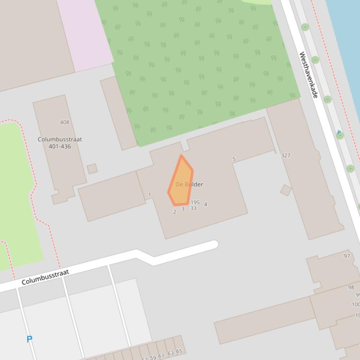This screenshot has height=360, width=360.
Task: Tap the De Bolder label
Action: point(189,184)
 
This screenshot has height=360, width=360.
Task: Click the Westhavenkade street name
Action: point(309,75)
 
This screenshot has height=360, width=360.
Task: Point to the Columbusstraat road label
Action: point(45,277)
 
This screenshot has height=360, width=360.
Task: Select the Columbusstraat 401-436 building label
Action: point(59,143)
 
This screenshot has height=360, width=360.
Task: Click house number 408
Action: point(65,122)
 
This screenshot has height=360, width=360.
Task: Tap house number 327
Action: point(286,155)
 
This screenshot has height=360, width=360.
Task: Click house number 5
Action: point(234,159)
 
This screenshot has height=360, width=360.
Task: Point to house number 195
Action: point(195,202)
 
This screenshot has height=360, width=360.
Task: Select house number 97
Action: point(347,256)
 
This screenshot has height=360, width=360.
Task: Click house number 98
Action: point(351,287)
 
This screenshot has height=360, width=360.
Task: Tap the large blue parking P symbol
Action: point(29,339)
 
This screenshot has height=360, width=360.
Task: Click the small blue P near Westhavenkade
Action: point(339,133)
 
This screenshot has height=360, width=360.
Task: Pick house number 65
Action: point(179,352)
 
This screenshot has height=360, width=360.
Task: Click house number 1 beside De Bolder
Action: point(150,194)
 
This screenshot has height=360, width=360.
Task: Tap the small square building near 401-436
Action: point(92,168)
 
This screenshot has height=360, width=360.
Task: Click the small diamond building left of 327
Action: point(286,190)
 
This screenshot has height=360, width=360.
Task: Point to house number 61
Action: point(162,356)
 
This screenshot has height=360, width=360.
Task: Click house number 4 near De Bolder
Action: point(206,204)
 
